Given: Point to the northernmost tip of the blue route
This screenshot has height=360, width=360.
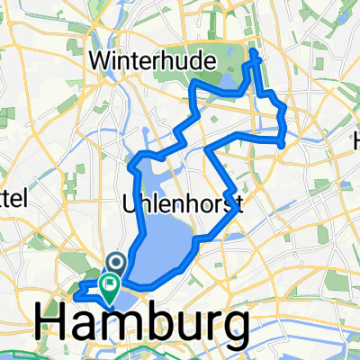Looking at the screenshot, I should tap(255, 53).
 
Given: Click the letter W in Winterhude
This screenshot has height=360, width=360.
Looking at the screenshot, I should tap(101, 61).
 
